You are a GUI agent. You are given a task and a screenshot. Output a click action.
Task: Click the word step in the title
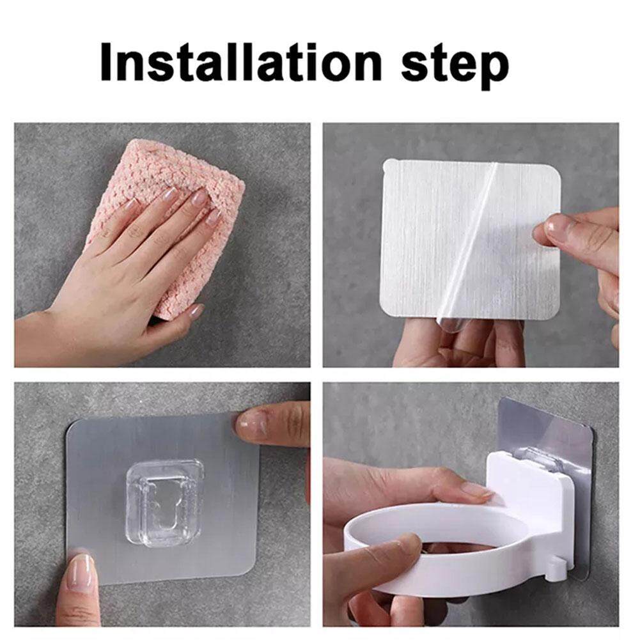point(455,66)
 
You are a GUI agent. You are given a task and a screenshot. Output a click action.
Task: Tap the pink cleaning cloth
point(176,221)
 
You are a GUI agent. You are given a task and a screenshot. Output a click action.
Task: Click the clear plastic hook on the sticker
point(164,503)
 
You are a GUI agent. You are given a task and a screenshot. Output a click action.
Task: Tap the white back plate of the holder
point(531,490)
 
